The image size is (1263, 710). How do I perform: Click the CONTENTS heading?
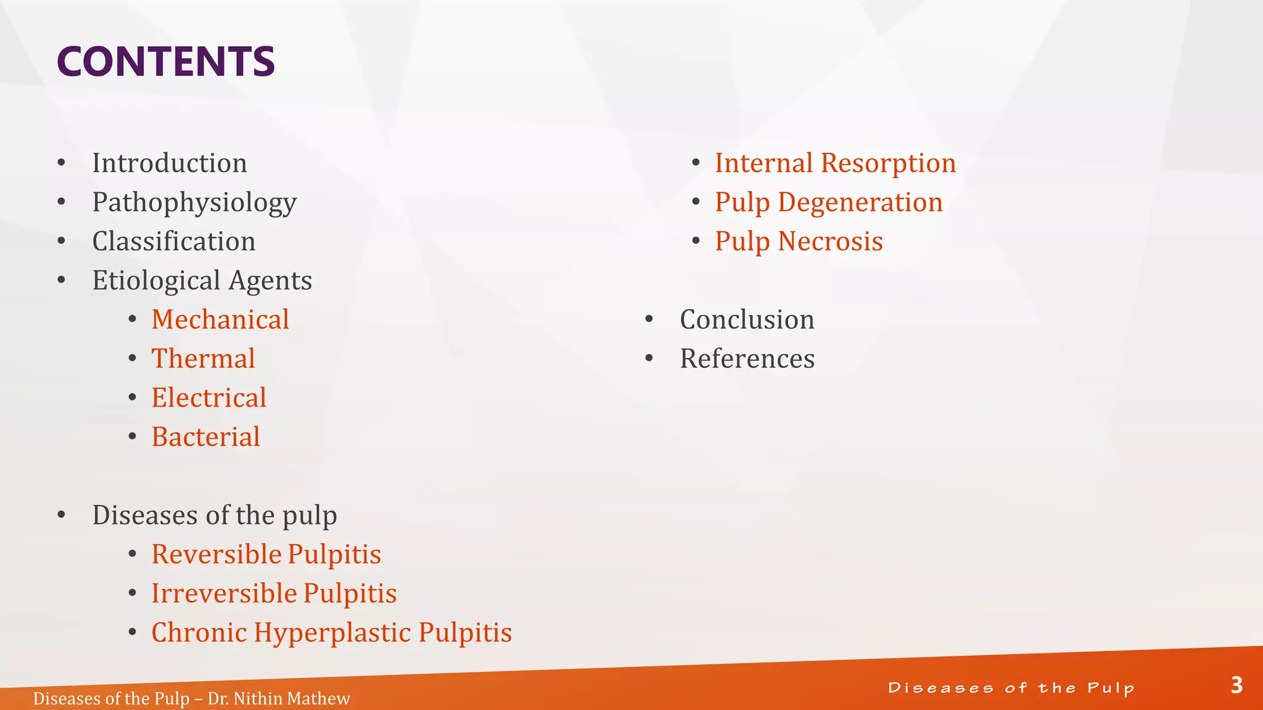click(x=165, y=62)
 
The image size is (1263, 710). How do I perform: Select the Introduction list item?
click(x=170, y=163)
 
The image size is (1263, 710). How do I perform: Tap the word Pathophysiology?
click(x=194, y=203)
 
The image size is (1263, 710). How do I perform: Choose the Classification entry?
click(x=173, y=242)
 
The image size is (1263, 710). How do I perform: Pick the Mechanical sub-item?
click(x=220, y=320)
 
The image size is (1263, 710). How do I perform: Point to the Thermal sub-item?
click(x=203, y=359)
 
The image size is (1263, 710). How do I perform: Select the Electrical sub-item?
click(x=208, y=398)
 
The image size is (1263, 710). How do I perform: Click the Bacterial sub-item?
click(x=205, y=437)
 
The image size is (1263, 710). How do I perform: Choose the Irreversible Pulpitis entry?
click(x=274, y=594)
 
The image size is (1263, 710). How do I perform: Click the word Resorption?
click(x=888, y=163)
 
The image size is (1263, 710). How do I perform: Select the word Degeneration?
click(x=860, y=203)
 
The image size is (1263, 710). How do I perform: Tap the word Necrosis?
click(x=830, y=242)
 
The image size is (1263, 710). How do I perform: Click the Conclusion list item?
click(x=747, y=320)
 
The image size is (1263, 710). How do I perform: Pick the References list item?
click(x=747, y=359)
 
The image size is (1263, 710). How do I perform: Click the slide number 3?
click(x=1236, y=685)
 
